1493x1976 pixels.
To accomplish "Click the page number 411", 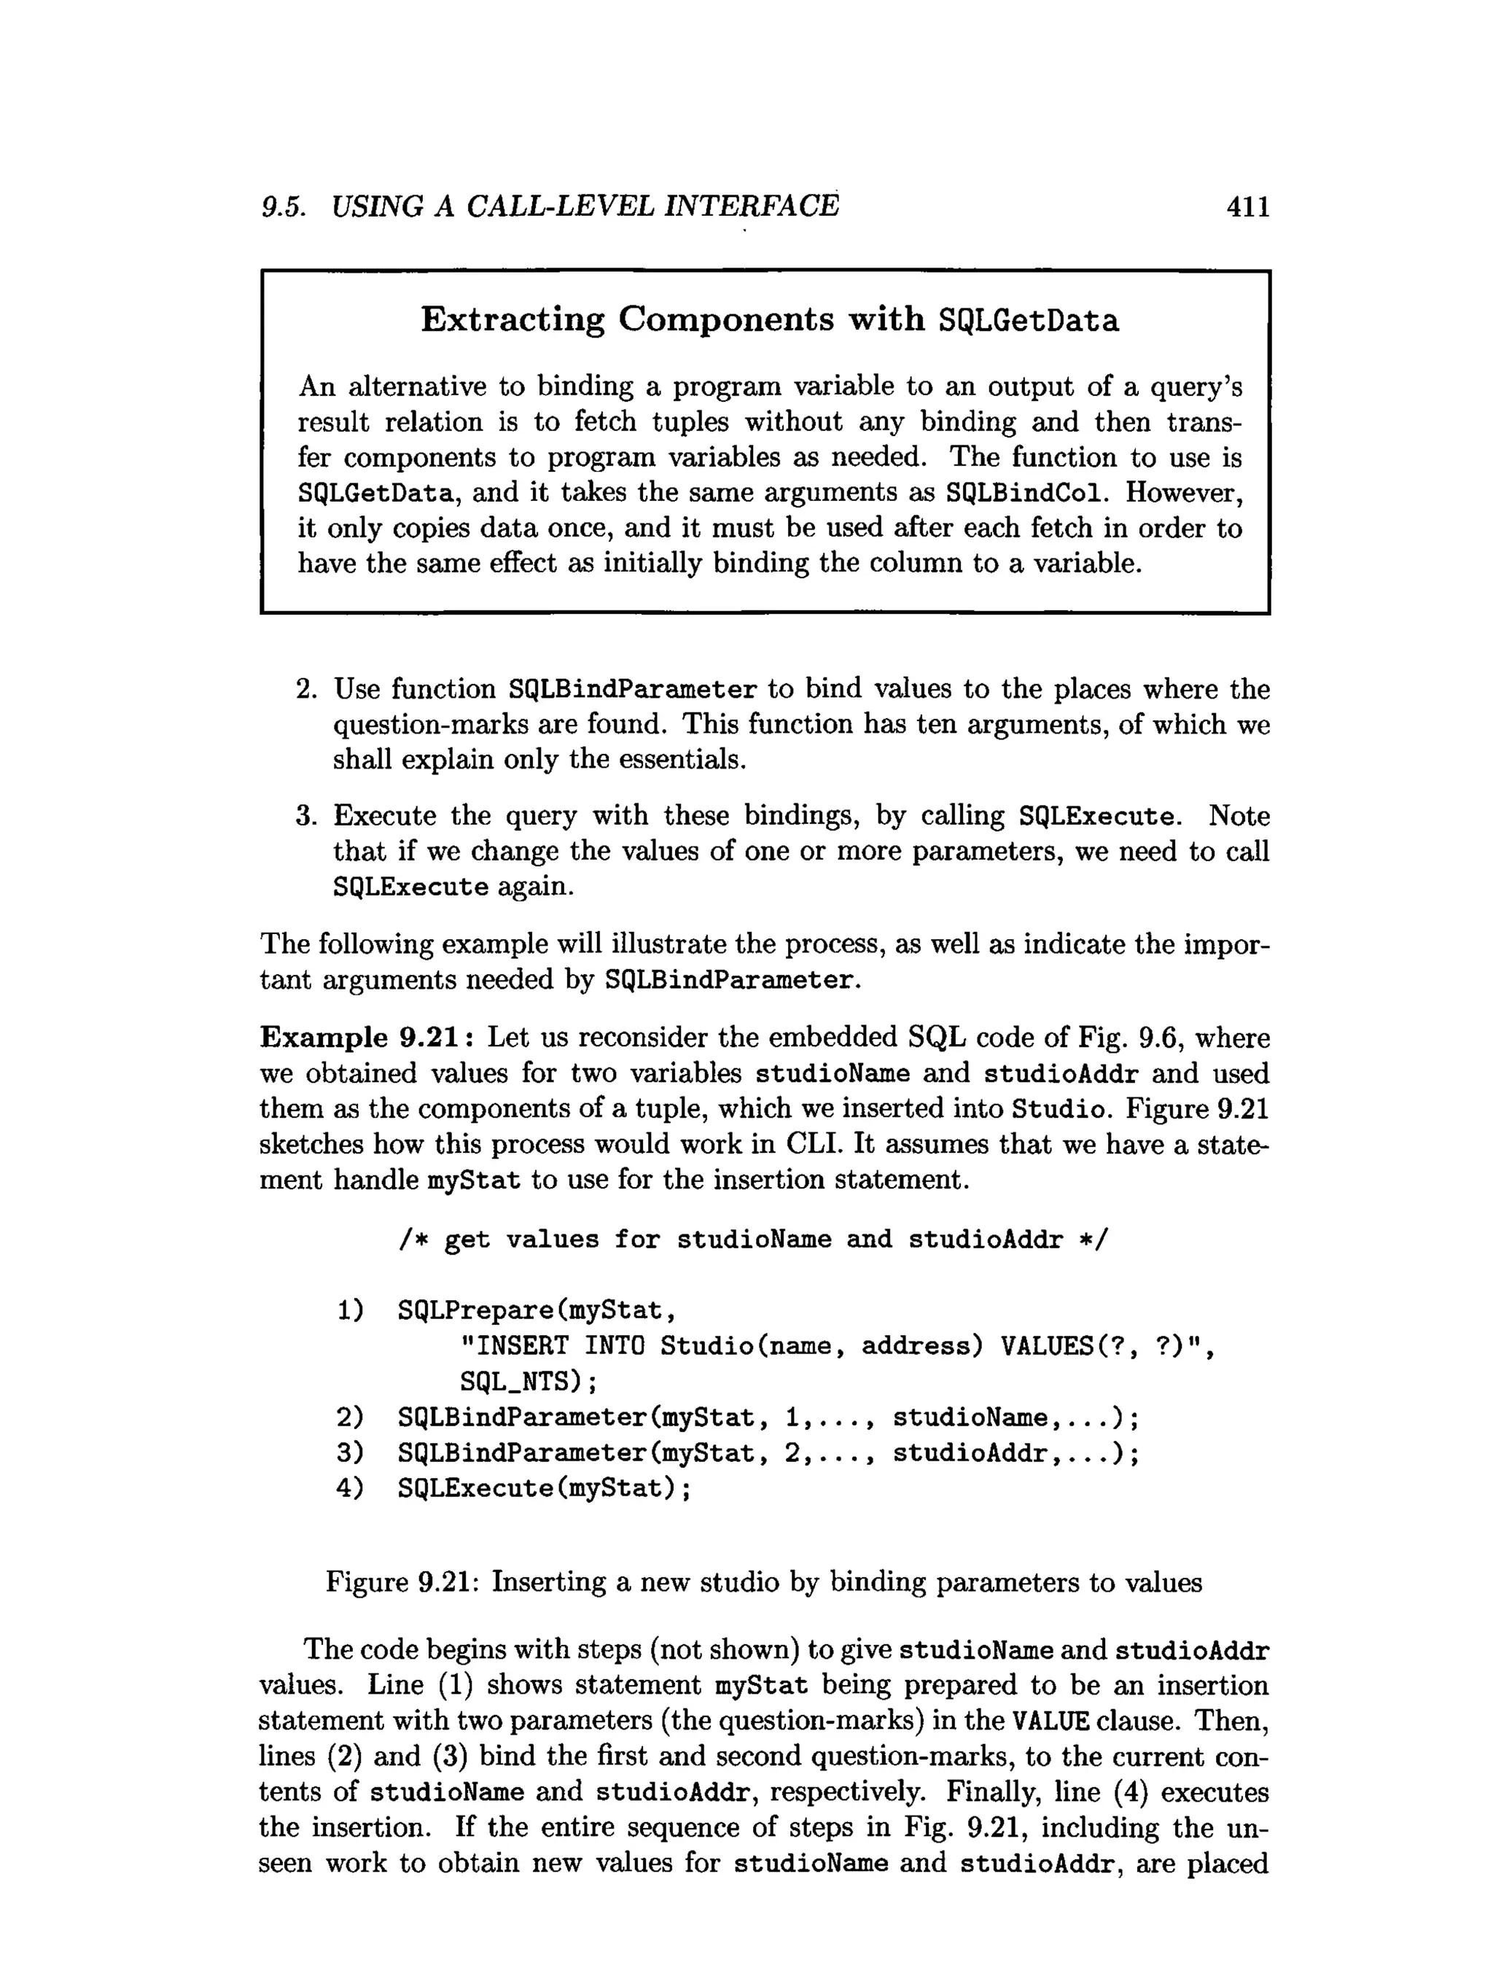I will pos(1247,207).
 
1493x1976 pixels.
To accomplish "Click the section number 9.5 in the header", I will pos(283,207).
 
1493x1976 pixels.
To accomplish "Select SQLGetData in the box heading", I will pos(1028,320).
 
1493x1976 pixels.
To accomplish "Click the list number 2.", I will pos(305,689).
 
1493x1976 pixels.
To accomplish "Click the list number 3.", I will pos(305,816).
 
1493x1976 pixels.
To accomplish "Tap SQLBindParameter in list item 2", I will pos(632,690).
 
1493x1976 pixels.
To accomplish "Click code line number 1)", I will pos(350,1310).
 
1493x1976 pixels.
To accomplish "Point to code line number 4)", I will pos(350,1488).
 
